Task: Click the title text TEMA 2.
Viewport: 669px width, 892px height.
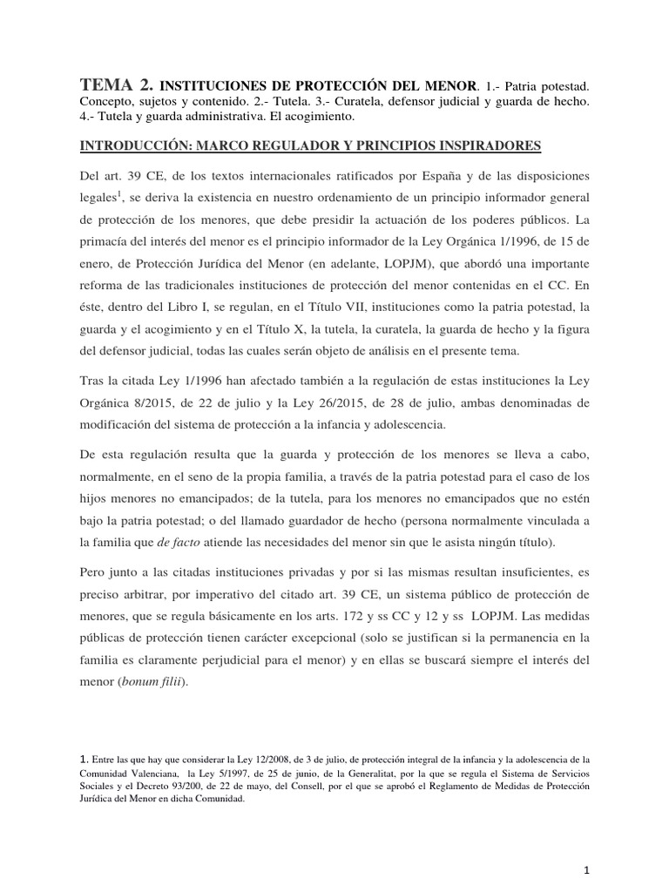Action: click(x=117, y=85)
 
